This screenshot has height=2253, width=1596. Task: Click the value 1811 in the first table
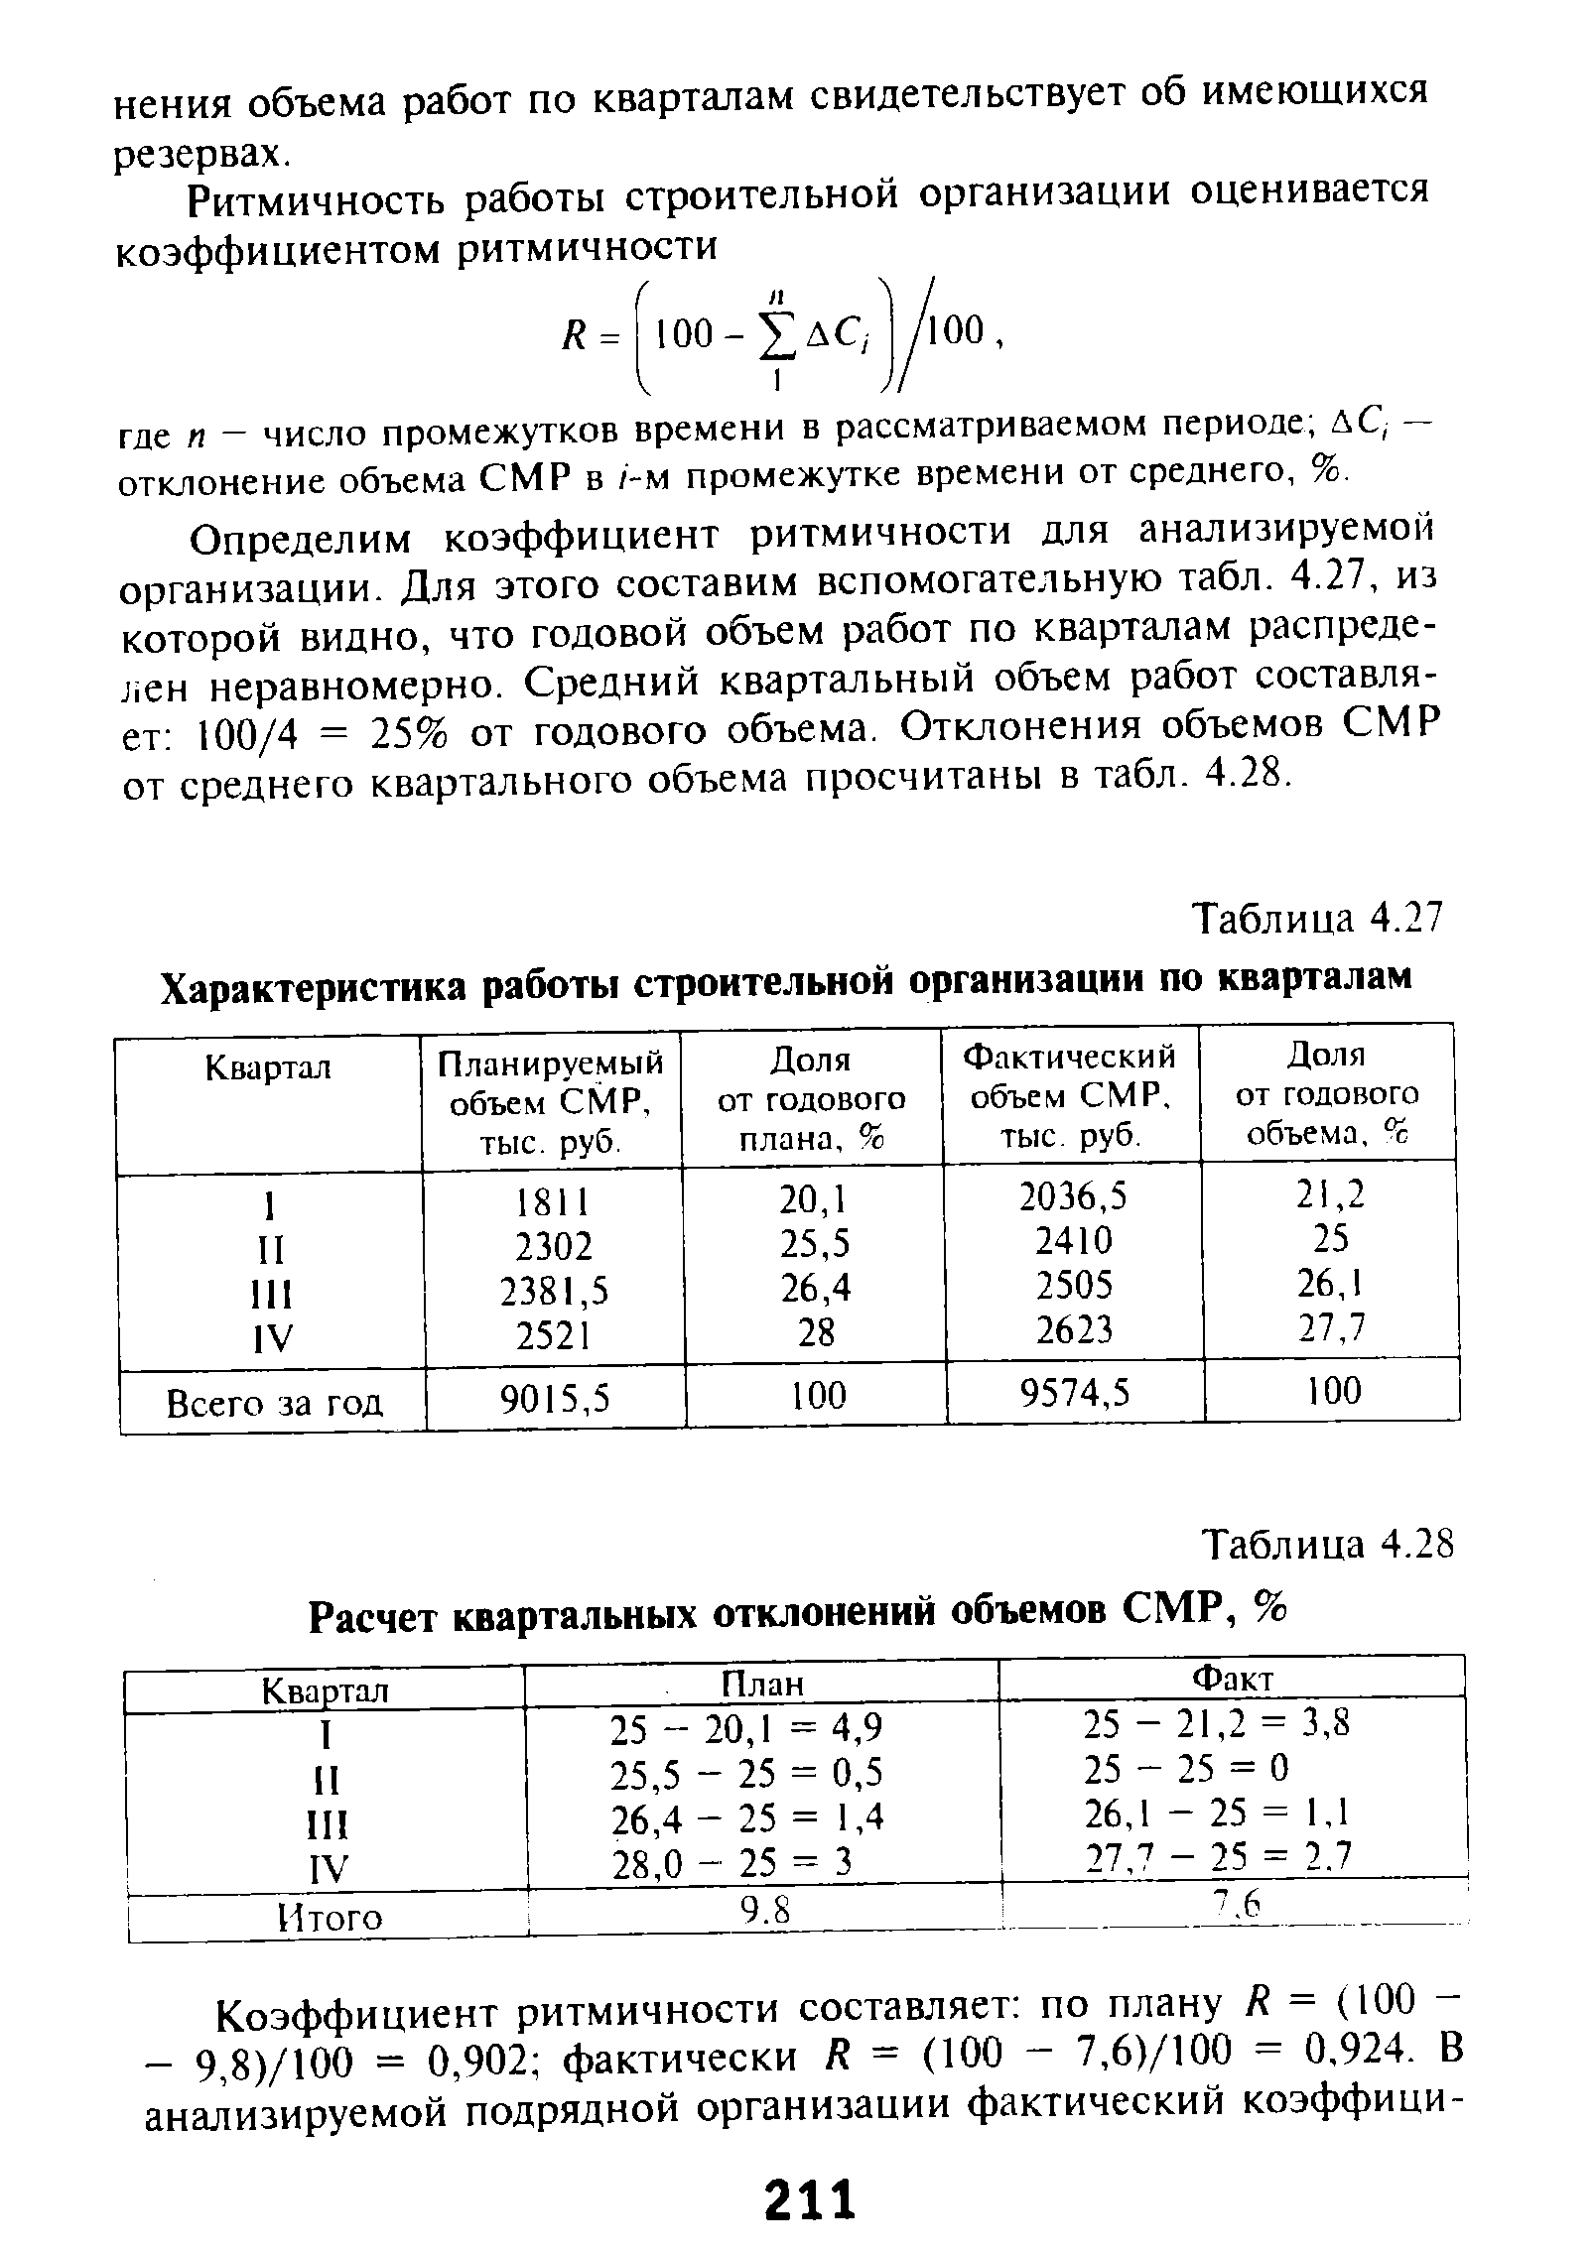pyautogui.click(x=553, y=1202)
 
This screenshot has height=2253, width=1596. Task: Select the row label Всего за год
pyautogui.click(x=274, y=1403)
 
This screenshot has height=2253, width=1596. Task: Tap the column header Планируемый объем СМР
pyautogui.click(x=552, y=1101)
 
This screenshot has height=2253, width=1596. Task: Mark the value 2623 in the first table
pyautogui.click(x=1075, y=1329)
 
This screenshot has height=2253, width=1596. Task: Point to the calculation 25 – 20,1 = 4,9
pyautogui.click(x=745, y=1729)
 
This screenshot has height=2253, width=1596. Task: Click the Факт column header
pyautogui.click(x=1232, y=1678)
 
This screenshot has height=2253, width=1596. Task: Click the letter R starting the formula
pyautogui.click(x=572, y=334)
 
